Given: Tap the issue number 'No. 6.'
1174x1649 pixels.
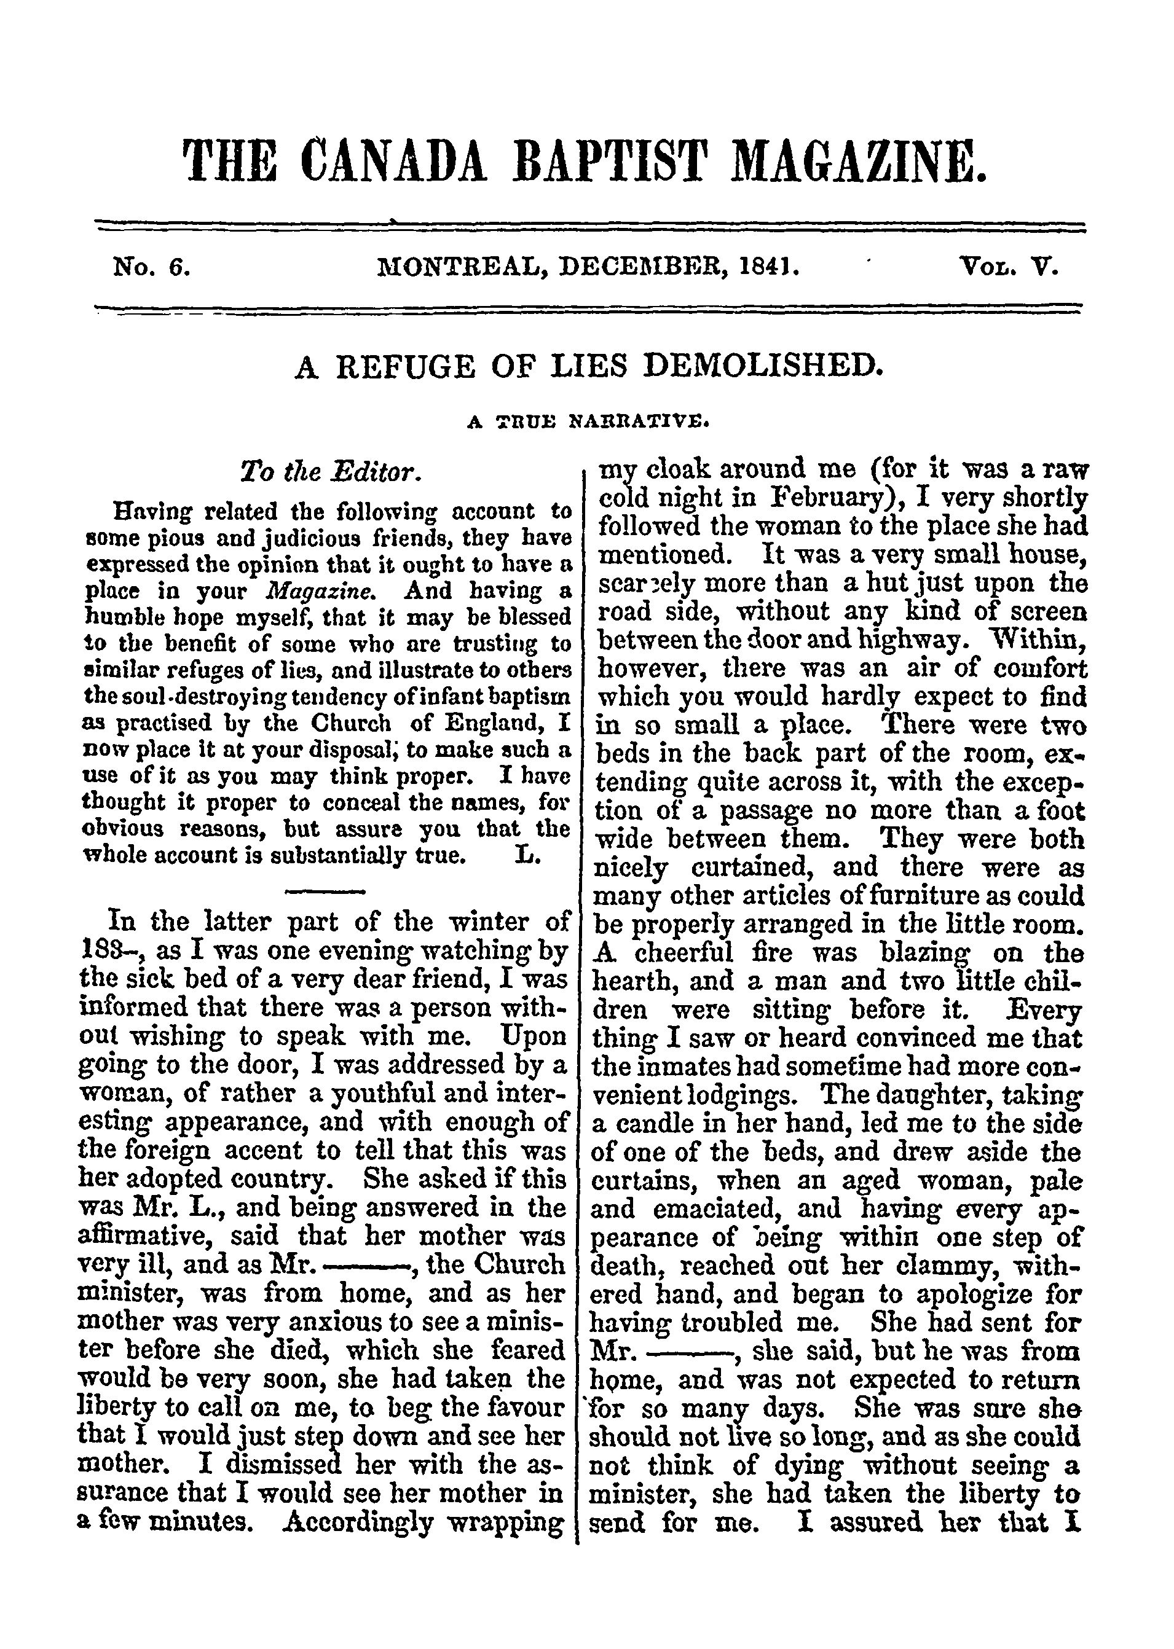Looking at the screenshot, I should click(152, 269).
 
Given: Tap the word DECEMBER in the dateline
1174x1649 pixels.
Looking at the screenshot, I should click(645, 269).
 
